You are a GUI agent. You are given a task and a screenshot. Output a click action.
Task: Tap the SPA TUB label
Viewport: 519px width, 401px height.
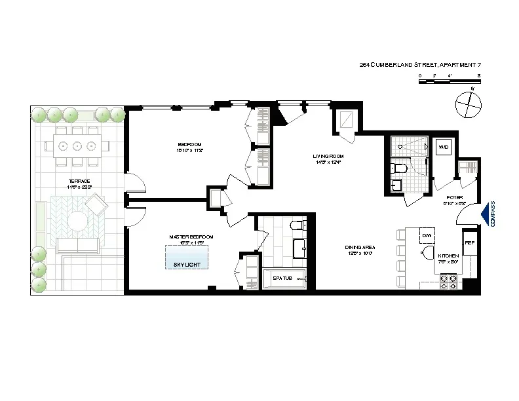pos(282,278)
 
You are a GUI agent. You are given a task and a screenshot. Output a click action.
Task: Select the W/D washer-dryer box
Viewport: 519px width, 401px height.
pos(443,147)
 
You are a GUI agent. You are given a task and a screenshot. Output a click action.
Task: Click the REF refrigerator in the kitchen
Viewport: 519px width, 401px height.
pos(469,243)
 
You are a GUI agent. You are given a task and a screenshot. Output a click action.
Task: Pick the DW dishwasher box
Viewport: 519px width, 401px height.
pos(427,235)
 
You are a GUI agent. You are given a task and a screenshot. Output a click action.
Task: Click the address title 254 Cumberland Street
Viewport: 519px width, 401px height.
pos(420,64)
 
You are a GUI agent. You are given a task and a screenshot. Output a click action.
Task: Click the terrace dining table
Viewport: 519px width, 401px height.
pos(77,145)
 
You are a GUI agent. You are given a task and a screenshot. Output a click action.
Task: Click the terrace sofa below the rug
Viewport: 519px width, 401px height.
pos(77,246)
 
